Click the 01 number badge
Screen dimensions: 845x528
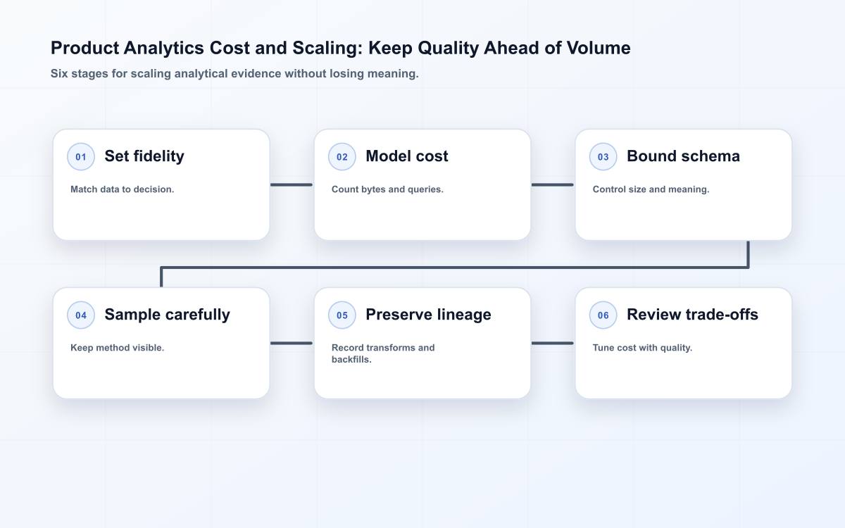tap(81, 156)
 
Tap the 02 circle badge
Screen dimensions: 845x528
tap(342, 156)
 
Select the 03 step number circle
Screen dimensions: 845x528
tap(603, 156)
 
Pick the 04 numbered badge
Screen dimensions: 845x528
tap(81, 315)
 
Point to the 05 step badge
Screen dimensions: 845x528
tap(342, 315)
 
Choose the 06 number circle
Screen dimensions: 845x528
tap(603, 315)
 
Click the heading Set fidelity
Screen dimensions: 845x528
tap(144, 156)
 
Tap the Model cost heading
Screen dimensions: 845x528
tap(407, 156)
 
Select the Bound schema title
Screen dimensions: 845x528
tap(683, 156)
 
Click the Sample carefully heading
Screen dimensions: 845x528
tap(167, 315)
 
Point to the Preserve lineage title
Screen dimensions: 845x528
tap(428, 315)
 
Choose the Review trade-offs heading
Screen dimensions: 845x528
tap(692, 315)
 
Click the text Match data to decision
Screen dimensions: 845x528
tap(123, 189)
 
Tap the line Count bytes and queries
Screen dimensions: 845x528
tap(387, 189)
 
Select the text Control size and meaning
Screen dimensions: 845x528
tap(651, 189)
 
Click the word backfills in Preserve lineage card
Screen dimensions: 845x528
tap(351, 360)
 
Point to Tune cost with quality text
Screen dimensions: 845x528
tap(642, 348)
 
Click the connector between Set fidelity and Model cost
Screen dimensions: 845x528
tap(292, 184)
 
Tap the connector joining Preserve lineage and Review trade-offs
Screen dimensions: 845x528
tap(552, 344)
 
